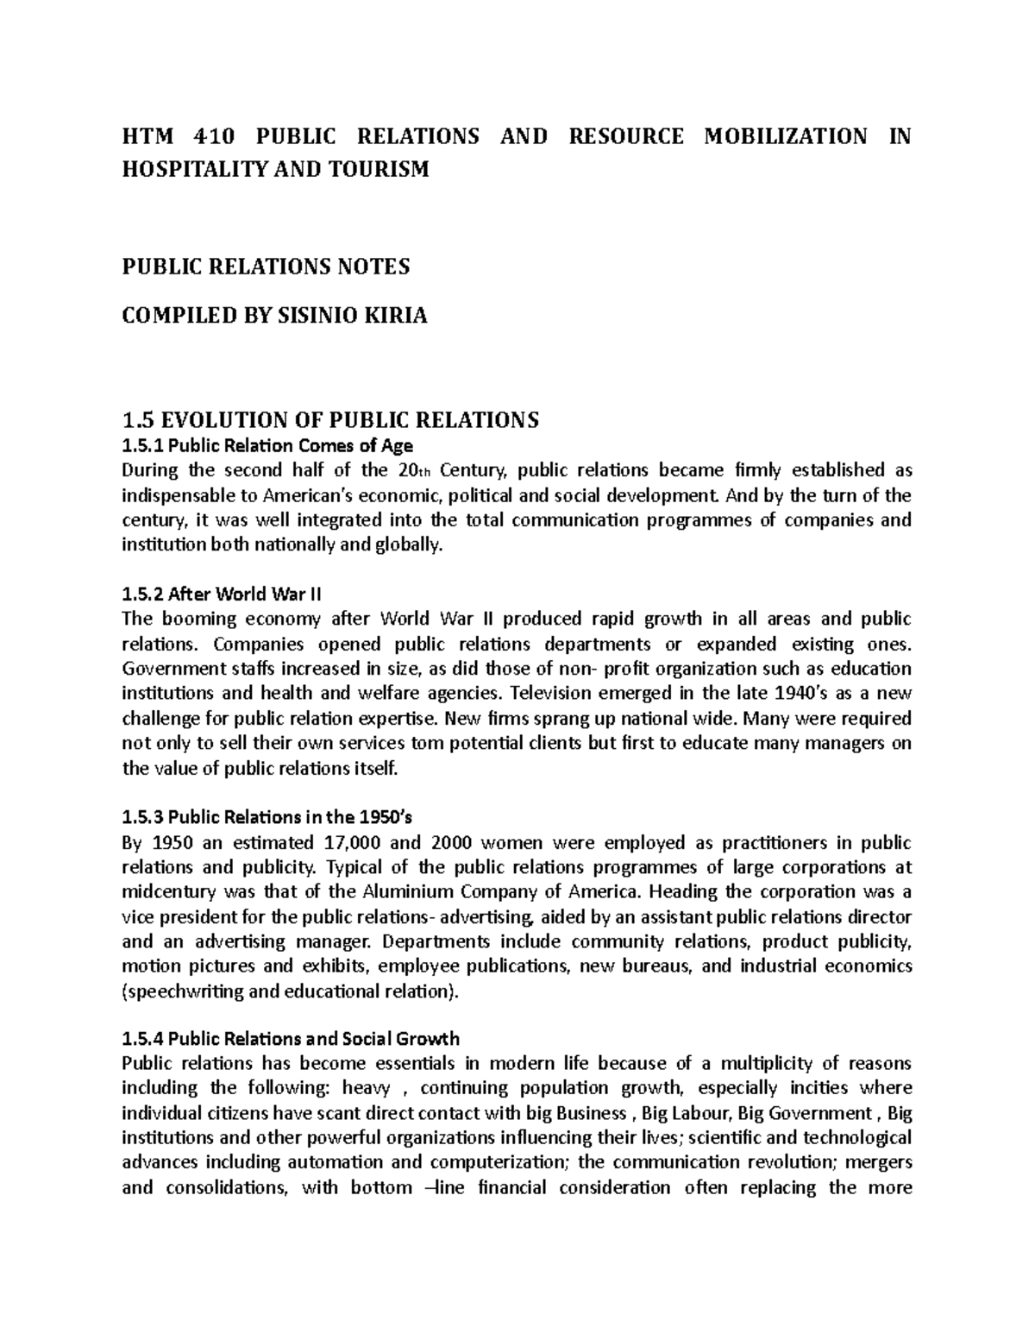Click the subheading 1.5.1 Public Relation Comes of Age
(267, 446)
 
